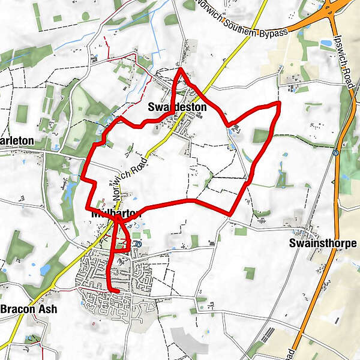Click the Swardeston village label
coord(177,107)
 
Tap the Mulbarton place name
coord(115,214)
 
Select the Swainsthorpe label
coord(322,243)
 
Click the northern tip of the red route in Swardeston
coord(181,69)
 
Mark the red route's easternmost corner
coord(279,103)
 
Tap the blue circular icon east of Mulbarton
coord(139,244)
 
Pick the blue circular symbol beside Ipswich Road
coord(337,152)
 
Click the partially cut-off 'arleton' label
coord(16,142)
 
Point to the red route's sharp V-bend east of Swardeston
coord(227,125)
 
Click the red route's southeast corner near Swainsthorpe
coord(231,214)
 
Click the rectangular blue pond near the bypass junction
coord(327,43)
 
